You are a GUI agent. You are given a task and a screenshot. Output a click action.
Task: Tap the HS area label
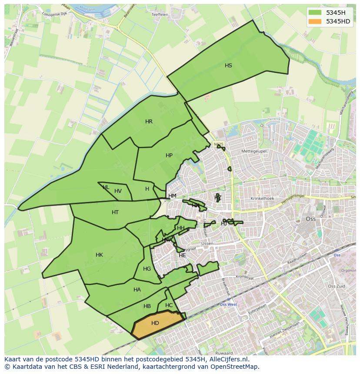click(228, 66)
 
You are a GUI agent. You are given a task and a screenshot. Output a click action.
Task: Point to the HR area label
click(149, 122)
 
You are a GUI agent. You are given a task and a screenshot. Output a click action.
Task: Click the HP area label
click(169, 156)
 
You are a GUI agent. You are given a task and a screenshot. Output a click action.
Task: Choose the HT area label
click(115, 212)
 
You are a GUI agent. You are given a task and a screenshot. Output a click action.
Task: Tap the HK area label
click(99, 255)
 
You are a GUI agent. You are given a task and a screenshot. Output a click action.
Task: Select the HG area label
click(147, 269)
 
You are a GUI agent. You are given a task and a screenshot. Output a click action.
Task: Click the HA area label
click(137, 290)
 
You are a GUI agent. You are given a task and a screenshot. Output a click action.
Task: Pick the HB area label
click(147, 306)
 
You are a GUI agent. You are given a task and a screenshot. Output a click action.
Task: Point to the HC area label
click(169, 305)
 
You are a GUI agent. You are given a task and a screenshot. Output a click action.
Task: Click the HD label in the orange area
click(155, 323)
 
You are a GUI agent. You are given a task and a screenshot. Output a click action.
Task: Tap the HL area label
click(106, 187)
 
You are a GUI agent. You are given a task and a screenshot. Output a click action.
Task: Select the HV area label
click(118, 191)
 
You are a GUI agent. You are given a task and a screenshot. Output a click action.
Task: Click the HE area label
click(182, 255)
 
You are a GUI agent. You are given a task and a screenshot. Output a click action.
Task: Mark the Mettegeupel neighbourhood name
click(254, 151)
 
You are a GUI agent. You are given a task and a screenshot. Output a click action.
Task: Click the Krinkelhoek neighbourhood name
click(262, 199)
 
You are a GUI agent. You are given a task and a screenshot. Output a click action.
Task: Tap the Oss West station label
click(228, 304)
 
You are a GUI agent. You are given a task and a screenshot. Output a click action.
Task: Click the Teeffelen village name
click(160, 14)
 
